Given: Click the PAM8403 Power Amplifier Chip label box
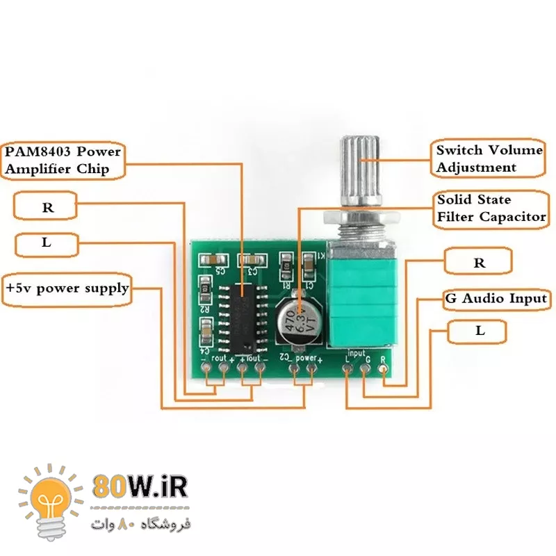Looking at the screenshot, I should [x=63, y=160].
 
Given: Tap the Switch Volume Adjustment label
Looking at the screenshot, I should [x=489, y=158].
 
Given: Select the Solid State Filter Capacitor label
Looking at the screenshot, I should [x=491, y=208].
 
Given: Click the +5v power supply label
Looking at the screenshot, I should [x=67, y=287].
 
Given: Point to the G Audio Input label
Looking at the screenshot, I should [x=496, y=299].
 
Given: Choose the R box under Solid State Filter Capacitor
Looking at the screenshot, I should [x=479, y=263].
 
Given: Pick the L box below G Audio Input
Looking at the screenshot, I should [x=480, y=332].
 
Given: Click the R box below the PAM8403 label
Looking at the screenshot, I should [x=47, y=207].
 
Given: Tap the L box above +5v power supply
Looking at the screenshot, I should [x=47, y=243].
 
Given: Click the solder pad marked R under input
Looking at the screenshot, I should [x=382, y=370].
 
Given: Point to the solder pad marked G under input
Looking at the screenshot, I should [x=365, y=368].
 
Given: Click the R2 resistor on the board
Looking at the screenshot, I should [x=206, y=287].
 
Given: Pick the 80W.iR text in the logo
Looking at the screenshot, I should [x=139, y=486].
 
